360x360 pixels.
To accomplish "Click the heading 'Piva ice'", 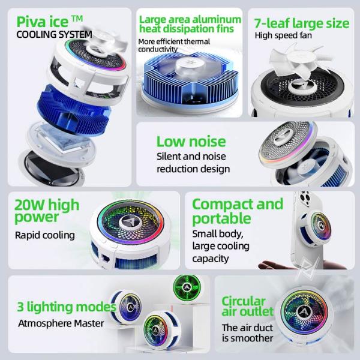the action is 43,22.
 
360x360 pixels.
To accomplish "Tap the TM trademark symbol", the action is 77,18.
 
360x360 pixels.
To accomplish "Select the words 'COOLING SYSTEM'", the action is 54,34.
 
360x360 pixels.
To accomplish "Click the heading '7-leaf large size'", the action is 302,23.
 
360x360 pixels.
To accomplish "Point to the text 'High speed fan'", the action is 283,35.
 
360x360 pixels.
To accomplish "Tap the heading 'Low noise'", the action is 191,142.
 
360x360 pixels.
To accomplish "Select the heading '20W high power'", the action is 47,211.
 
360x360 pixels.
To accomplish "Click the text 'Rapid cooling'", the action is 45,235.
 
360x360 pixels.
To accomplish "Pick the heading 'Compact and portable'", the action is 238,211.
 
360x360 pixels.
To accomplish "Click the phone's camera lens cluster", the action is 304,197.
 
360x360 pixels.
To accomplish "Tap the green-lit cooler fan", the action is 187,287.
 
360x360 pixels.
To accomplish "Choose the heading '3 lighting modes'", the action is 67,307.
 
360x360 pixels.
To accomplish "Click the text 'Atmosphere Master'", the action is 61,323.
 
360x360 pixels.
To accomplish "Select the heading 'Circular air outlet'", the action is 247,306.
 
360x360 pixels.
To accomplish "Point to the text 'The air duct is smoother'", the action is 247,332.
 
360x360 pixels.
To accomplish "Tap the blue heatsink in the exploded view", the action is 74,110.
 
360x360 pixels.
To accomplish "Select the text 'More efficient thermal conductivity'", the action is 174,46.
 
